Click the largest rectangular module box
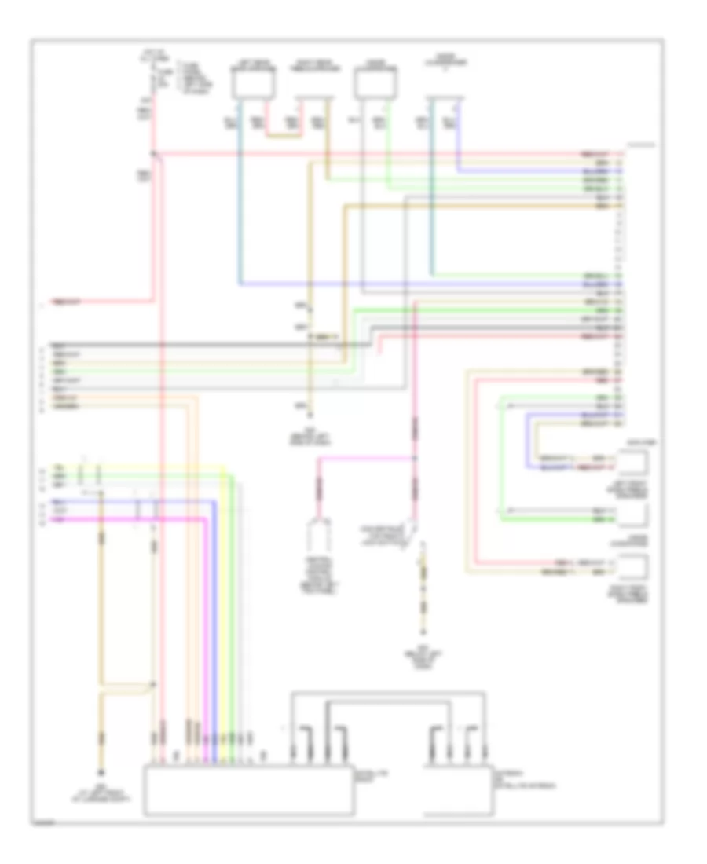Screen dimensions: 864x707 247,789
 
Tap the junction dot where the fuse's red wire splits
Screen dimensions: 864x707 154,152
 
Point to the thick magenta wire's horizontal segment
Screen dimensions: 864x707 126,518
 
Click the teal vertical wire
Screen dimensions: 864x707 240,196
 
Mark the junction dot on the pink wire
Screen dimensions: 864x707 414,458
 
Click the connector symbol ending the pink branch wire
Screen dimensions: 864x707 319,534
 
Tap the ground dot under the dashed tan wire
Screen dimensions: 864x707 425,632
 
